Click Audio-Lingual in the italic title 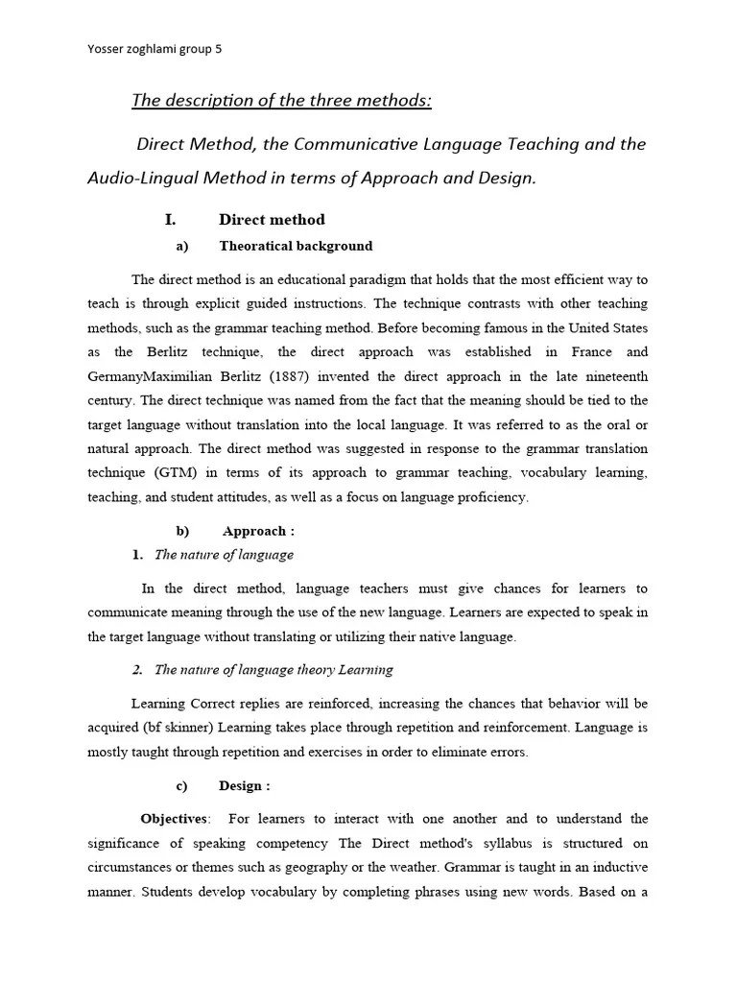(x=137, y=178)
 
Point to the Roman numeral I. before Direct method (x=170, y=220)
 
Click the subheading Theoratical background (x=296, y=246)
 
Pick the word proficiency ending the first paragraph (x=490, y=497)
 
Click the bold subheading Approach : (x=258, y=531)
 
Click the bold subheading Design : (x=244, y=786)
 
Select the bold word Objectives (x=174, y=819)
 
